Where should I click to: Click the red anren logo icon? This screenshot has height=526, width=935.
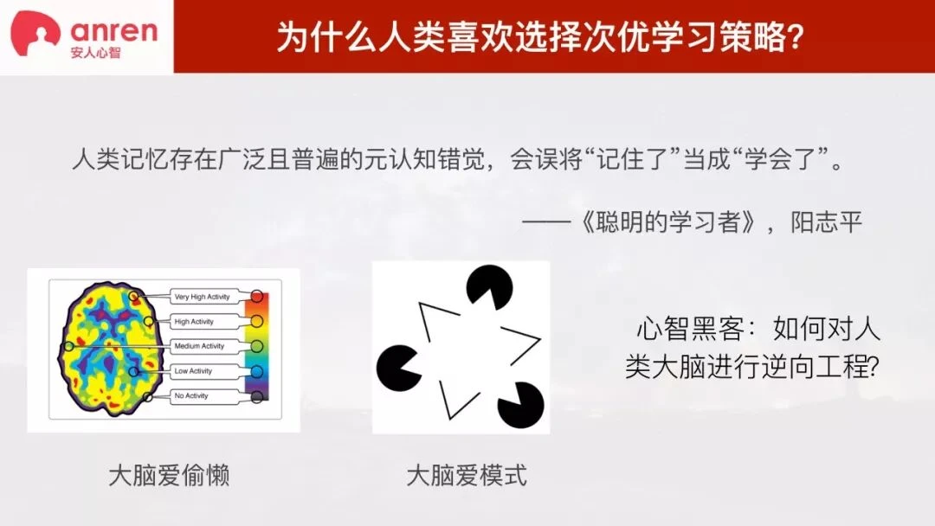pos(35,34)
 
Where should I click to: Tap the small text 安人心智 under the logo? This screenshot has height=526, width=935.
pos(95,53)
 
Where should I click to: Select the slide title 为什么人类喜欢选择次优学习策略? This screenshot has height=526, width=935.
pos(540,37)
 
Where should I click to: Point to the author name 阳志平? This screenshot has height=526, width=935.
pos(827,222)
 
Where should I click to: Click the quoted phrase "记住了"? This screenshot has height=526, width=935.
pos(632,159)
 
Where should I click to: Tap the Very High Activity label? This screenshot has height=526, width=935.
pos(202,297)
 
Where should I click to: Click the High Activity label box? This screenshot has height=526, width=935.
pos(202,322)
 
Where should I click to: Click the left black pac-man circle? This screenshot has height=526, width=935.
pos(398,368)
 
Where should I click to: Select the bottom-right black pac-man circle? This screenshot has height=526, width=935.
pos(520,405)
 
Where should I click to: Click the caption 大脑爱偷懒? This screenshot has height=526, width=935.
pos(170,475)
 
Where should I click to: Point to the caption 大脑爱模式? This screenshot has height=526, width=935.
pos(467,475)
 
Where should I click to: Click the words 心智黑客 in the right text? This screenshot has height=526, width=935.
pos(691,328)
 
